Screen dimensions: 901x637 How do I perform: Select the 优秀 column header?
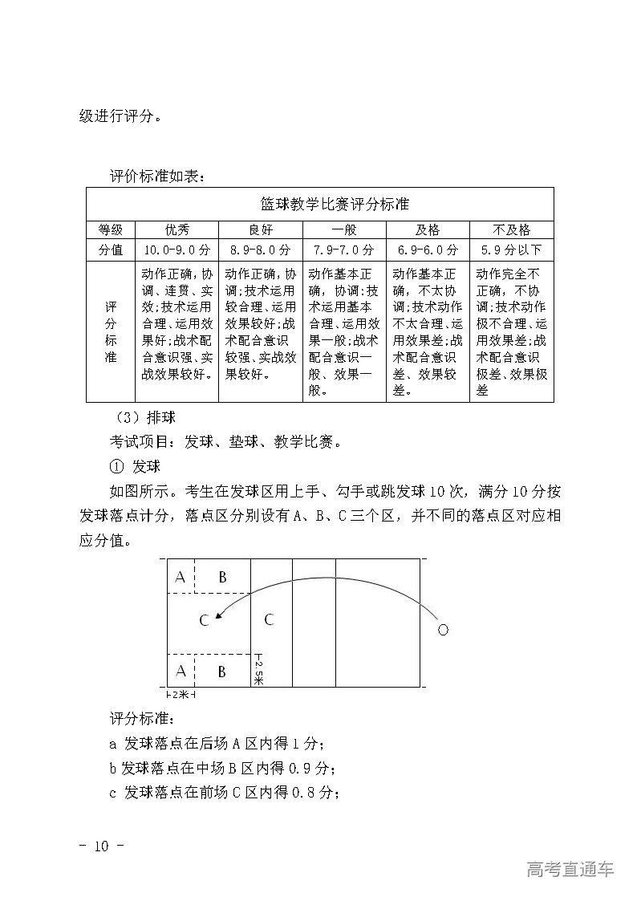[x=177, y=229]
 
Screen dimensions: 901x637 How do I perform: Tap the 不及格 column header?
[x=511, y=229]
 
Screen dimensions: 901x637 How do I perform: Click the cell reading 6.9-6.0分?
[x=427, y=250]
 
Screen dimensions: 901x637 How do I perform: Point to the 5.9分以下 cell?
[x=511, y=250]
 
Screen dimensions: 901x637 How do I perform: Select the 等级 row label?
[x=111, y=229]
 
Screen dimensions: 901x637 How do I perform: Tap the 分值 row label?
[x=111, y=250]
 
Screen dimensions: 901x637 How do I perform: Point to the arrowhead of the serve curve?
[x=219, y=616]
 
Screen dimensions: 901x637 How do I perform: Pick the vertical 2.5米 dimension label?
[x=258, y=672]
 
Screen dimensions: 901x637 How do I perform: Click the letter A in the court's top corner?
[x=181, y=577]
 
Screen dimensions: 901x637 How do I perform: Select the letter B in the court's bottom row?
[x=222, y=671]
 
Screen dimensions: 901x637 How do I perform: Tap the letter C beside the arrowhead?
[x=204, y=620]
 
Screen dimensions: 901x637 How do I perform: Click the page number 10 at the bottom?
[x=100, y=846]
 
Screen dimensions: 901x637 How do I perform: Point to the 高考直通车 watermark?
[x=570, y=869]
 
